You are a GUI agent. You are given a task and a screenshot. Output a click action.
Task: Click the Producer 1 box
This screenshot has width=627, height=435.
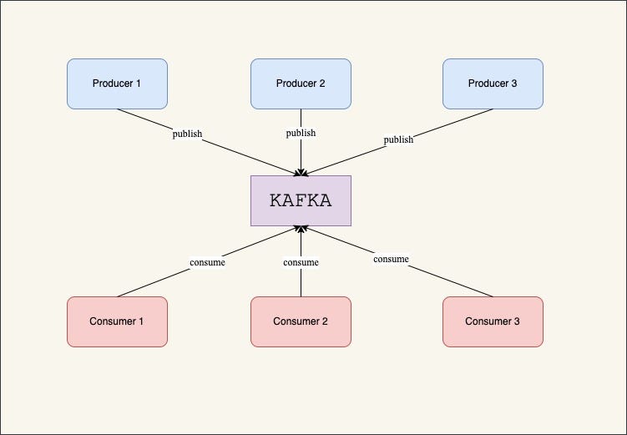(x=117, y=83)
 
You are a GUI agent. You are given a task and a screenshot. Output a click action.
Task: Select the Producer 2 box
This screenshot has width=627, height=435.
(x=301, y=83)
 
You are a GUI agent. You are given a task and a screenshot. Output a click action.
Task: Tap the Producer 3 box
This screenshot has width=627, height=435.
(x=493, y=83)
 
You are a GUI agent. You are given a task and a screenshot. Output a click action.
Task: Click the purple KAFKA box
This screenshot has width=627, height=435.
(x=301, y=200)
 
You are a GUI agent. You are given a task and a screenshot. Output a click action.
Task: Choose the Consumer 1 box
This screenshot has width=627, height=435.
(x=117, y=321)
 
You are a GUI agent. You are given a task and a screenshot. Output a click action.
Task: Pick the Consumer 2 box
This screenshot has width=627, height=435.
(x=301, y=321)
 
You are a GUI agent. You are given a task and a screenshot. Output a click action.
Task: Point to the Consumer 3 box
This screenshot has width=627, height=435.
(x=493, y=321)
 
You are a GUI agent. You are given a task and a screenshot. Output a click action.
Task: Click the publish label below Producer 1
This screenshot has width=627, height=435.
(x=187, y=134)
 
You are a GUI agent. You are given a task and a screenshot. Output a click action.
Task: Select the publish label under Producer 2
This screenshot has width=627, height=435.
(x=301, y=133)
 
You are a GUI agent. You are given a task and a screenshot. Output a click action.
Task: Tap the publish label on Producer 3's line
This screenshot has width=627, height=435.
(x=398, y=139)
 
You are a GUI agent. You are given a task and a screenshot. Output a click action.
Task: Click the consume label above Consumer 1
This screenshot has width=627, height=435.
(x=207, y=262)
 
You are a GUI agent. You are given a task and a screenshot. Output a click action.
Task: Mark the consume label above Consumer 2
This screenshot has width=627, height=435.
(x=301, y=262)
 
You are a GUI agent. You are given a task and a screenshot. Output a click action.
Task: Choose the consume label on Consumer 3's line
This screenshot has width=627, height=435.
(x=391, y=259)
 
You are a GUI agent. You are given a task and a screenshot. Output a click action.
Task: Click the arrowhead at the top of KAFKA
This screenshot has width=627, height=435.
(x=301, y=172)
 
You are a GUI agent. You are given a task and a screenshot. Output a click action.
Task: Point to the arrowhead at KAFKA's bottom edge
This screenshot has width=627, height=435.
(x=301, y=229)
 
